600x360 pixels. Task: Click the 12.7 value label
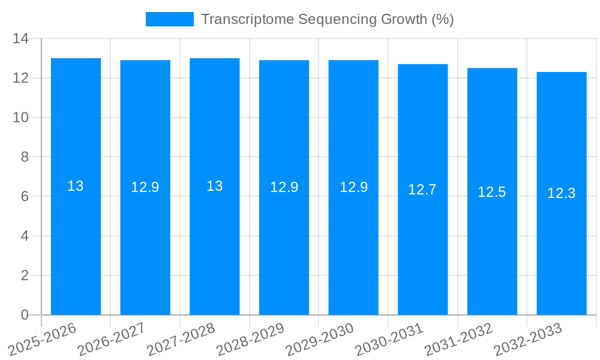[x=422, y=190]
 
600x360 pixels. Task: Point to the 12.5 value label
[x=492, y=192]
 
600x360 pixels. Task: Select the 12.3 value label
[x=562, y=193]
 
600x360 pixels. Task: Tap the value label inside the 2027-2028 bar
[x=215, y=186]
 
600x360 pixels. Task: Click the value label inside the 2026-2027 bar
[x=145, y=187]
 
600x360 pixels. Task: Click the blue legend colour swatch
[x=170, y=19]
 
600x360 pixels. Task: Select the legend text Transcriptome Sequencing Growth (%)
[x=327, y=19]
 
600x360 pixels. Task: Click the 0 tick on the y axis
[x=25, y=315]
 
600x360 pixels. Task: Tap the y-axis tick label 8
[x=25, y=157]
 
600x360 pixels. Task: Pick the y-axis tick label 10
[x=21, y=118]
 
